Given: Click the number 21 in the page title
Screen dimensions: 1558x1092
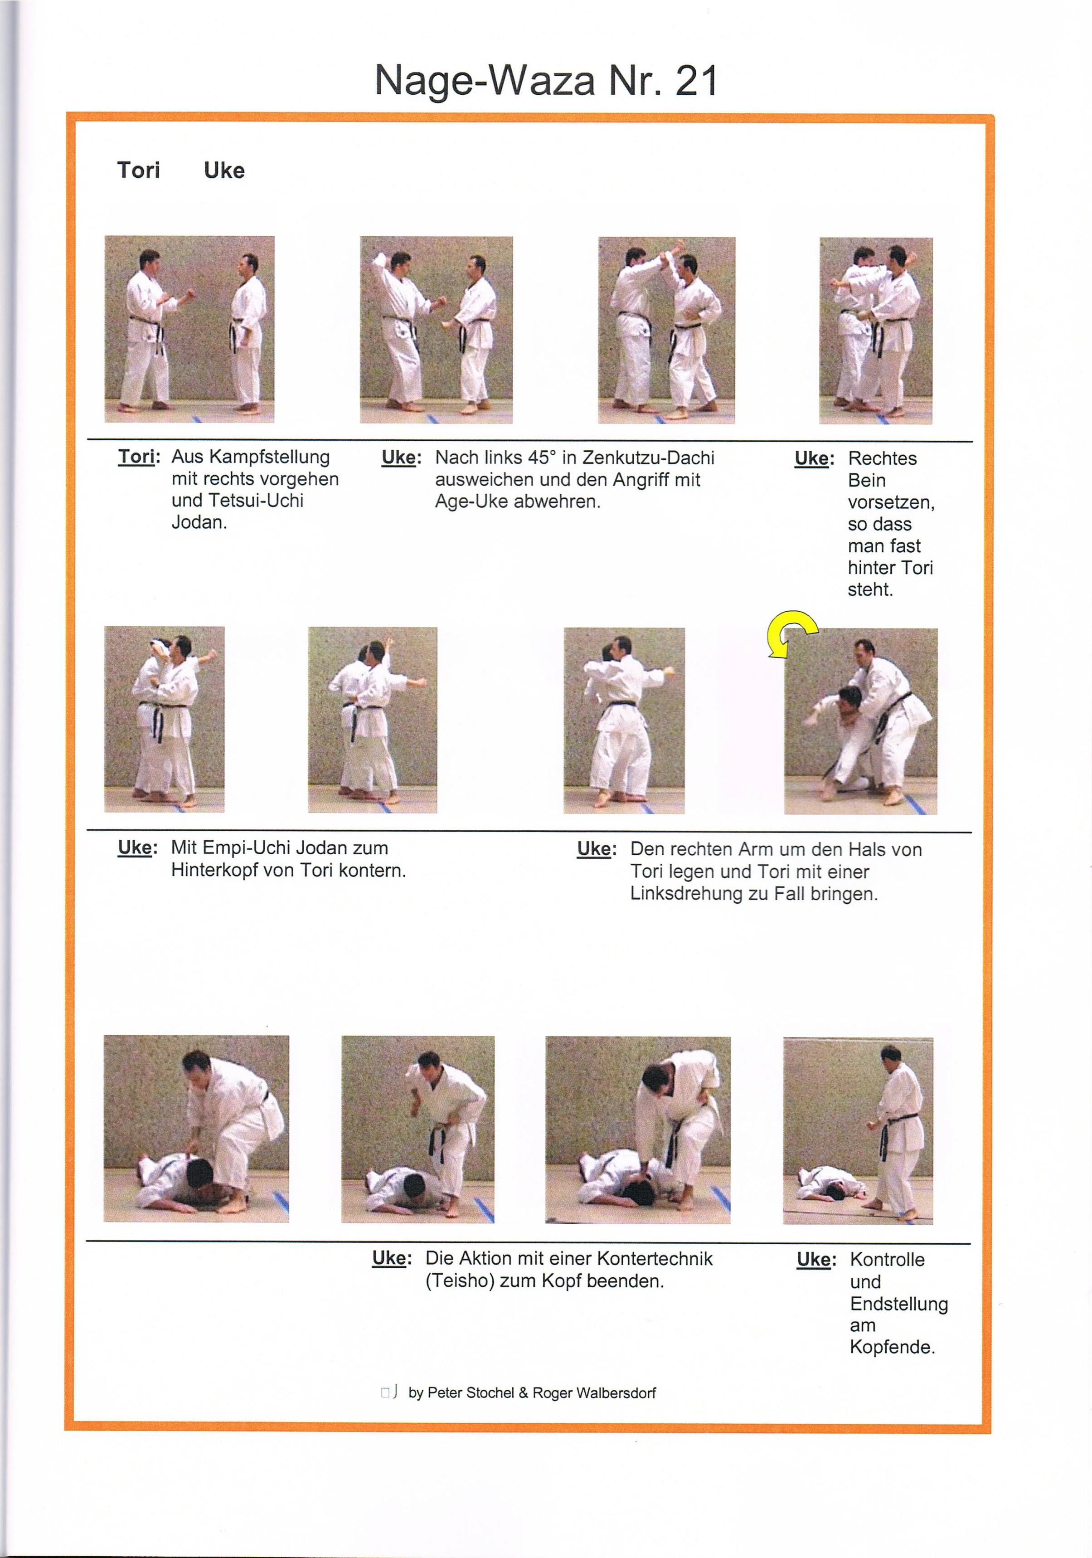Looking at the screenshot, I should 695,82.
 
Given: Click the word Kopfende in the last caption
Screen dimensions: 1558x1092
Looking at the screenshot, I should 891,1348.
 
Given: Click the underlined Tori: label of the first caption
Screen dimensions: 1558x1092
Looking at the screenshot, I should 138,457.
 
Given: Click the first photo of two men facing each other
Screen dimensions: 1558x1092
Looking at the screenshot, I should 189,329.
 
